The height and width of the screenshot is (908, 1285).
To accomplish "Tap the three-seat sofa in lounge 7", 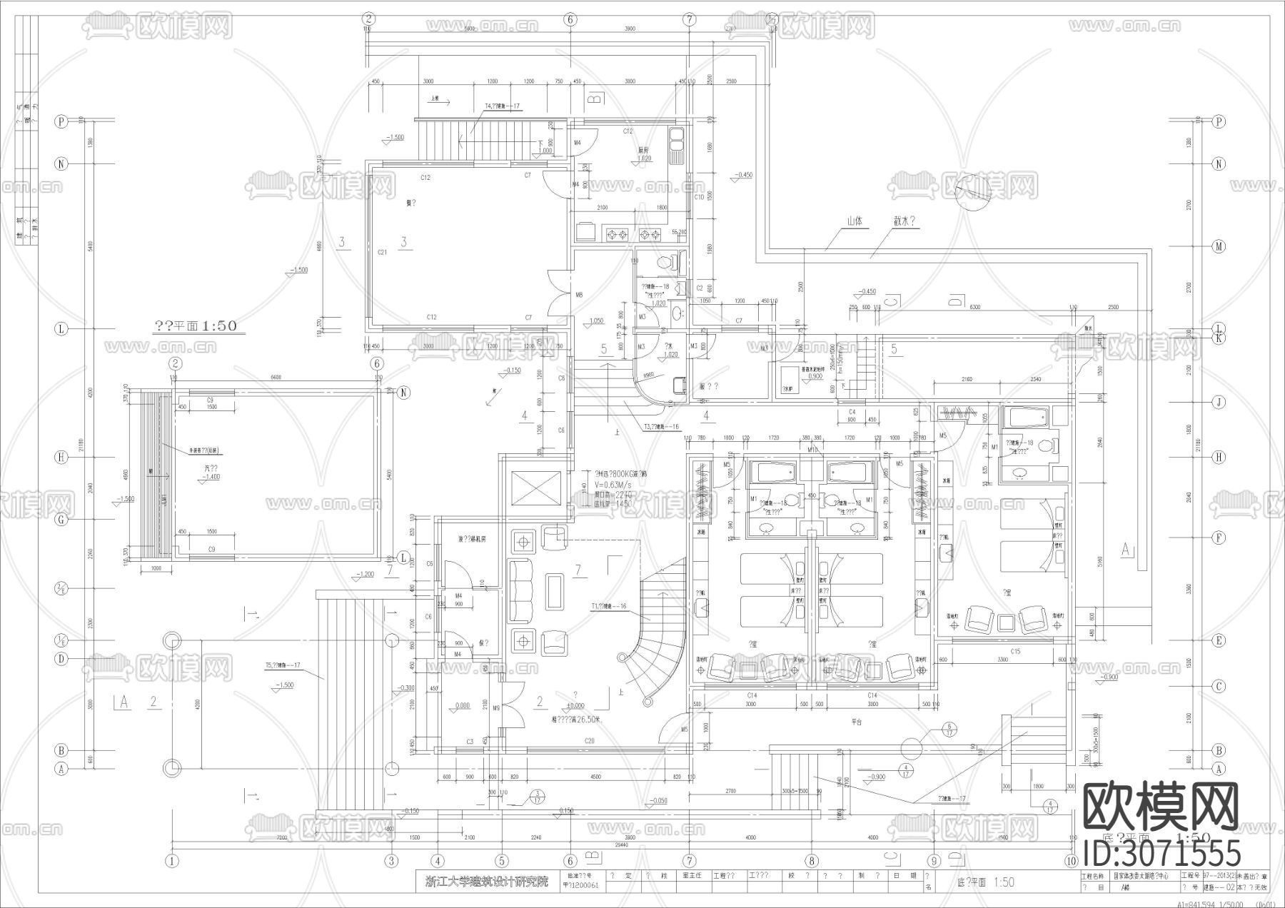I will pos(520,590).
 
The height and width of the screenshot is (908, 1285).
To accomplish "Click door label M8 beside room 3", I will pos(579,295).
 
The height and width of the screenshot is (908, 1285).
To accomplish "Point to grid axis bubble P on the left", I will pos(62,122).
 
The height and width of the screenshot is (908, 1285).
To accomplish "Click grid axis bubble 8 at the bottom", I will pos(812,860).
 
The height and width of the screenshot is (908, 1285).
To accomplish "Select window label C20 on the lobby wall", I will pos(589,742).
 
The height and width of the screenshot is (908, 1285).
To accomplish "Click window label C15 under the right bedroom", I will pos(1015,651).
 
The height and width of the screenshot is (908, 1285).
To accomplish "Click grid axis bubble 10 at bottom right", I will pos(1070,860).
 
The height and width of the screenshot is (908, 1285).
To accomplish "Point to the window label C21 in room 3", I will pos(382,252).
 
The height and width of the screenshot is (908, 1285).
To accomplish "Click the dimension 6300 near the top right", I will pos(974,307).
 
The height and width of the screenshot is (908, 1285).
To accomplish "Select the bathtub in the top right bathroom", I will pos(1024,416).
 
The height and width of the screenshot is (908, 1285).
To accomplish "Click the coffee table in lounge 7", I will pos(555,592).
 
